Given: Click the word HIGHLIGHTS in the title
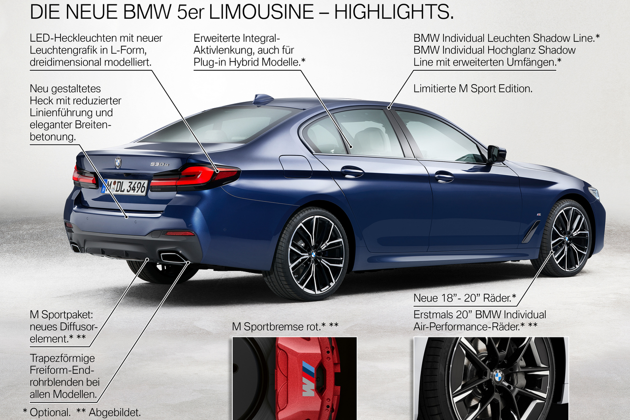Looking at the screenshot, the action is click(394, 12).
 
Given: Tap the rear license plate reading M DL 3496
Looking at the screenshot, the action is click(125, 186).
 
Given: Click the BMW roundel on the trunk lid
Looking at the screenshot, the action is click(118, 162).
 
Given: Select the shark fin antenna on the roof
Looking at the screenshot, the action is click(263, 99).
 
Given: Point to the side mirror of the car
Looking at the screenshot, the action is click(497, 154).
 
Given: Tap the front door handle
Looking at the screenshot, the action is click(444, 177).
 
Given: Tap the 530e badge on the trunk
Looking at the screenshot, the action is click(159, 164).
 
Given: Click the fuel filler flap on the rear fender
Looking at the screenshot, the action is click(296, 167).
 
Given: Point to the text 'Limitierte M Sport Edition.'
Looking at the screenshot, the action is click(473, 89).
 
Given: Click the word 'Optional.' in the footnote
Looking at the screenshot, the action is click(50, 413).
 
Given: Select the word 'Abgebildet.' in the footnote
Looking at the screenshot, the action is click(115, 413).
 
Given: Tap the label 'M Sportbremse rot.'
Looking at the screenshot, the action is click(276, 327).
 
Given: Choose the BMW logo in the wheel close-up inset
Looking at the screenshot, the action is click(498, 376).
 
